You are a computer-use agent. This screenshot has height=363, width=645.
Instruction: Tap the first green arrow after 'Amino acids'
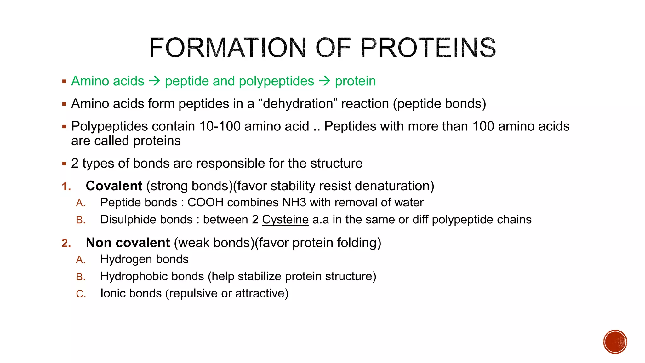(x=154, y=81)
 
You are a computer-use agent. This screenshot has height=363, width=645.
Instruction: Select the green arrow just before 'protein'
(x=324, y=81)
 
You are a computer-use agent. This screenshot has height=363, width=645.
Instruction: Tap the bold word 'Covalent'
(x=114, y=186)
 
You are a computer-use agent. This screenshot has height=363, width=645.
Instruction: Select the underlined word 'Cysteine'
(x=285, y=220)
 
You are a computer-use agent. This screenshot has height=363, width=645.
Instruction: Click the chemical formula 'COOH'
(x=205, y=203)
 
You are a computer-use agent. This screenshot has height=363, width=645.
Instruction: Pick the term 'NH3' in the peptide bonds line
(x=294, y=203)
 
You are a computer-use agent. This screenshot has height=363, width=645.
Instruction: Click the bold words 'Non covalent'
(x=128, y=243)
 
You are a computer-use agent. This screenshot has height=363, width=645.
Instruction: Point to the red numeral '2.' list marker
(x=66, y=243)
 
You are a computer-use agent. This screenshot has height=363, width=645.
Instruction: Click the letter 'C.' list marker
(x=81, y=294)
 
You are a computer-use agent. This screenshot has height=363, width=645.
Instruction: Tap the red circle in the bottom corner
(x=615, y=342)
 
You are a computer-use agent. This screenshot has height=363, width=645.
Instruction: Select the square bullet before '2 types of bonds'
(x=64, y=164)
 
